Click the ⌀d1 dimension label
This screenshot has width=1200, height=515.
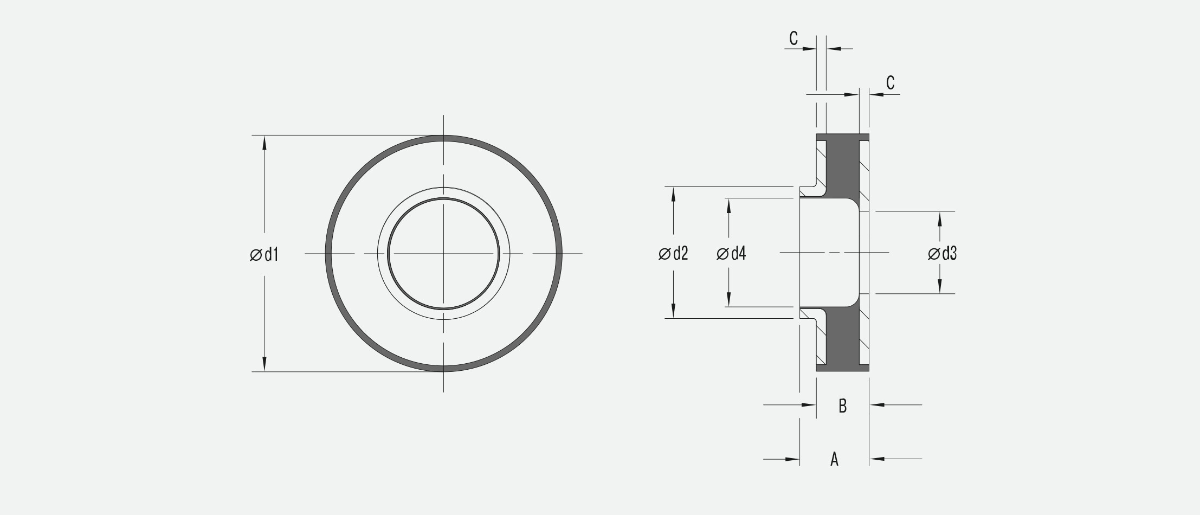click(264, 254)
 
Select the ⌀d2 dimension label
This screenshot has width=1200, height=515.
click(673, 253)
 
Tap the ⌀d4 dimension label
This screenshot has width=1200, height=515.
click(731, 253)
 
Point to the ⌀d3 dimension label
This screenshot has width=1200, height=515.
click(943, 253)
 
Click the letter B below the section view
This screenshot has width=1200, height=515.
click(842, 405)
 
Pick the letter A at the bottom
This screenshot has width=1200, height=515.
click(835, 459)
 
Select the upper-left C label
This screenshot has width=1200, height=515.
click(793, 38)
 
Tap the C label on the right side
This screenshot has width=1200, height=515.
click(890, 83)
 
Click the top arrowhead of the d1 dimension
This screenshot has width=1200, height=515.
click(264, 142)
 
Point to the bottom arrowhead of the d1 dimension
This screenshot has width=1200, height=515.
click(264, 364)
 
